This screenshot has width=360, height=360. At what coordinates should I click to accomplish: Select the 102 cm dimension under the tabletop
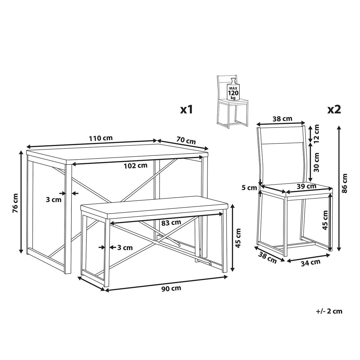(136, 166)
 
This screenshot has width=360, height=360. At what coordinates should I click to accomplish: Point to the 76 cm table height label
(15, 202)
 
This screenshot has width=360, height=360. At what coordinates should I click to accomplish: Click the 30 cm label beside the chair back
(316, 162)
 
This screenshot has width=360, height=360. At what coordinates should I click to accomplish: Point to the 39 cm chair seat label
(307, 186)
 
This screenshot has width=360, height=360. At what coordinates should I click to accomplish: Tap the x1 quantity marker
(186, 110)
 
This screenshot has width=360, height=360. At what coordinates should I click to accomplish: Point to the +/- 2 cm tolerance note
(329, 311)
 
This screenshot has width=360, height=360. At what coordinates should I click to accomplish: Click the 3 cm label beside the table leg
(54, 199)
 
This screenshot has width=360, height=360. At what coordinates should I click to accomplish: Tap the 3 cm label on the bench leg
(124, 247)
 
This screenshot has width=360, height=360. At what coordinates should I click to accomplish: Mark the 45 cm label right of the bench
(238, 238)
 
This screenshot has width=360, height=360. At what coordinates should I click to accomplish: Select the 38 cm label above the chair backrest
(282, 119)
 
